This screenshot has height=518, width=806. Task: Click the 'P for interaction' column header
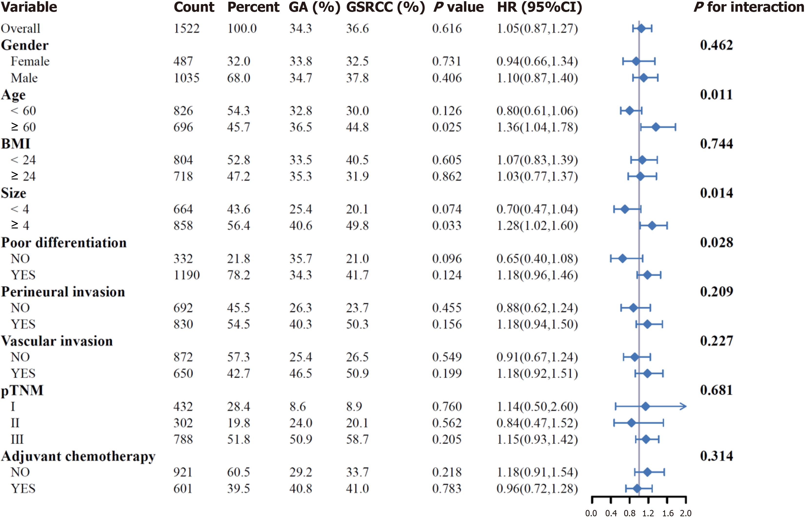coord(748,7)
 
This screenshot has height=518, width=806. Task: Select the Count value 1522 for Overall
coord(187,29)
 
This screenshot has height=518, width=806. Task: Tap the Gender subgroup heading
coord(25,45)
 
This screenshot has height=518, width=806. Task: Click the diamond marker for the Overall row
coord(641,29)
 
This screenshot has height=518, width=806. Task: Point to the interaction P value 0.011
coord(716,95)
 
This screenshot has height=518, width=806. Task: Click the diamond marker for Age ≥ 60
coord(655,127)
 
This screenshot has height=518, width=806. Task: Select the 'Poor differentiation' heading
coord(64,242)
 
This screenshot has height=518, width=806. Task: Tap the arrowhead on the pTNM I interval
coord(683,406)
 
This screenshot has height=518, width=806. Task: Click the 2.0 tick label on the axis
coord(686,513)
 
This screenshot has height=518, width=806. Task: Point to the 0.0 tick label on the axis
coord(591,513)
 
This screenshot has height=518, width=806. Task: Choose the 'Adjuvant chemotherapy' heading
coord(78,456)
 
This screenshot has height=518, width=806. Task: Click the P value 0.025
coord(447,127)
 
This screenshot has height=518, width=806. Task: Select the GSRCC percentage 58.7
coord(357,439)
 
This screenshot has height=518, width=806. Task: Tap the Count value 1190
coord(187,275)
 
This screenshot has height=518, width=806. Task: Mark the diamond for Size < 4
coord(625,209)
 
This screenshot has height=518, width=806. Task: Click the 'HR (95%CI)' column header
coord(539,7)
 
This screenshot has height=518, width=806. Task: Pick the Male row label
coord(24,78)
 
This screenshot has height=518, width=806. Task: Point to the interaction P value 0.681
coord(716,390)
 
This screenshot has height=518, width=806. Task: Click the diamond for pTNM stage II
coord(631,423)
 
